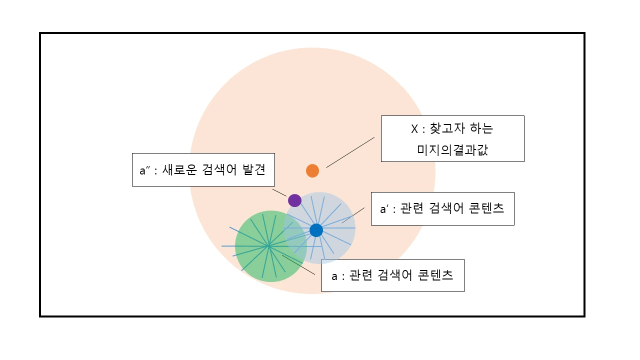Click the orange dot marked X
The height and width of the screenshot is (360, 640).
(312, 170)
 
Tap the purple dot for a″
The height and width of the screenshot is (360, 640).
(294, 200)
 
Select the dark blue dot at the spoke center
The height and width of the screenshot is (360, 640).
(316, 230)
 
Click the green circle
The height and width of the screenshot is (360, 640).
(255, 265)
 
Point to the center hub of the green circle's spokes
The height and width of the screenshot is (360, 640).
(268, 246)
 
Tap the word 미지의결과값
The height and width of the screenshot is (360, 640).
(452, 149)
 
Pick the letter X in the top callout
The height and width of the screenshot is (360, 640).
(414, 129)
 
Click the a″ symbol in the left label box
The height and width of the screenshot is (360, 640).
(144, 170)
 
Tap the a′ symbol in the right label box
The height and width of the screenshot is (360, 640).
(384, 209)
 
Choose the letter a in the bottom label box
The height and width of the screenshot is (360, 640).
(334, 275)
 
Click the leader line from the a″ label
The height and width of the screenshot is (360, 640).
(279, 192)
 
